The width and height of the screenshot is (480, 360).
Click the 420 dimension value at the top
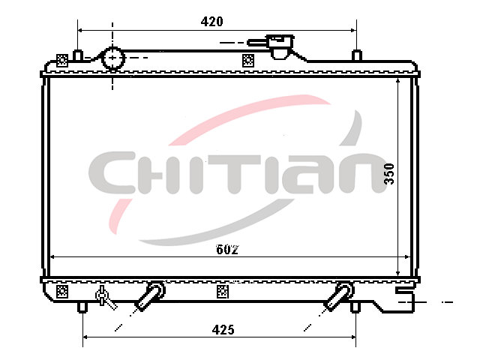(x=211, y=22)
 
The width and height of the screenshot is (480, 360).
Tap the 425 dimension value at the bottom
(x=223, y=330)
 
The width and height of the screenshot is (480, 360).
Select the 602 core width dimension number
(x=227, y=250)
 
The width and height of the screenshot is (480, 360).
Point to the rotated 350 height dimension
(x=389, y=173)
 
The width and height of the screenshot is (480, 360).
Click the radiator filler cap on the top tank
(x=280, y=46)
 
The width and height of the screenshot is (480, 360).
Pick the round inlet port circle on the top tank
(x=113, y=58)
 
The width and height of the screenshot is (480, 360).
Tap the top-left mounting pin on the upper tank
(x=78, y=55)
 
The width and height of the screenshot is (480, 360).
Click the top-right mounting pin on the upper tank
(x=357, y=55)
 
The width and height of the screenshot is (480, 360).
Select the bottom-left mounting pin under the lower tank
(x=82, y=307)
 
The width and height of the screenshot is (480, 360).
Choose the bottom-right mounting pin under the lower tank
(x=355, y=307)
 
